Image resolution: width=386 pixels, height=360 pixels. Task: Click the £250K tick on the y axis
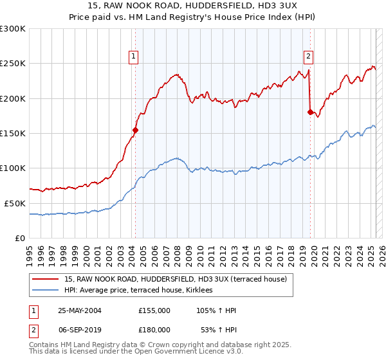point(14,64)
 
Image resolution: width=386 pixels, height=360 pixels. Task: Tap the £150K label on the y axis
point(14,134)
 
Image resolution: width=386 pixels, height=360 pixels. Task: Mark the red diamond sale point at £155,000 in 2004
point(135,130)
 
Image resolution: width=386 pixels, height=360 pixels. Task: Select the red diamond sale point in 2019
point(310,113)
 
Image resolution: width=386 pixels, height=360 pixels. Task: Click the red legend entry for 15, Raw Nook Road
point(179,279)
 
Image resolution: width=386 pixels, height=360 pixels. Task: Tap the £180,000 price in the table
point(154,329)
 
